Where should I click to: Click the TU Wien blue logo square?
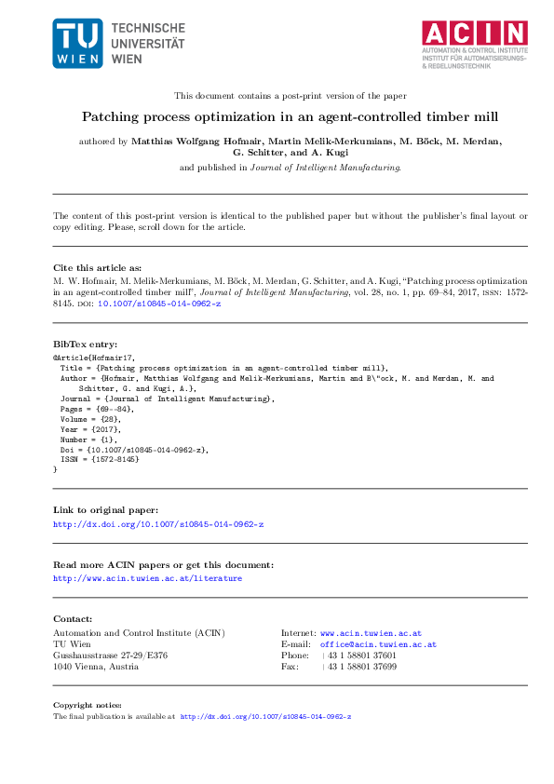point(77,43)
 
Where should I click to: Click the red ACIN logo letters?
point(475,33)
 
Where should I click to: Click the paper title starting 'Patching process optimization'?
point(277,117)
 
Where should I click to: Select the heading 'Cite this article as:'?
point(97,266)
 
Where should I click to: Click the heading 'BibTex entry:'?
point(84,344)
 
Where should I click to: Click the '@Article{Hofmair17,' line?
point(93,357)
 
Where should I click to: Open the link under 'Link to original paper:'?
point(158,524)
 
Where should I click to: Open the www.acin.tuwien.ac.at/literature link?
point(147,578)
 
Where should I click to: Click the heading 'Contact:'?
point(73,618)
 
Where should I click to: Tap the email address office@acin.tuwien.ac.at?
point(378,644)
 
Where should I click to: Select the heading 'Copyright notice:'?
point(87,705)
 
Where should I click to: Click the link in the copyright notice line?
point(265,717)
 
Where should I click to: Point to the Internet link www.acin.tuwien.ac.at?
point(371,633)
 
